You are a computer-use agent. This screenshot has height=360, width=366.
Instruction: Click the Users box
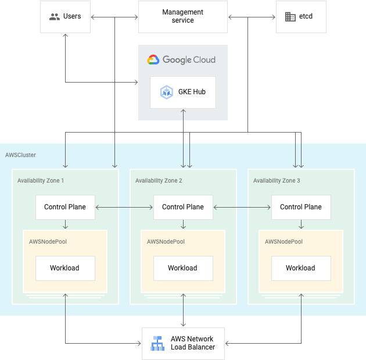click(65, 16)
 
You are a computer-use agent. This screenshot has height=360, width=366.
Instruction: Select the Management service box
click(182, 16)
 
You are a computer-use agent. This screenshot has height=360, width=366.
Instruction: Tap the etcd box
click(301, 16)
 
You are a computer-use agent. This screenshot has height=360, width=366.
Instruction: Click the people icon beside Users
click(55, 17)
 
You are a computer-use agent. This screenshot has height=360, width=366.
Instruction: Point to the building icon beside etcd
click(290, 17)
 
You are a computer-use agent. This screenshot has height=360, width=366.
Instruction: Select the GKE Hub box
click(182, 92)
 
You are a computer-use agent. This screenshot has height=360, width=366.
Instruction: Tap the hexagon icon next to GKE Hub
click(167, 92)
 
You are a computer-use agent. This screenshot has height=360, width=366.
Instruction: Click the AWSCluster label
click(20, 155)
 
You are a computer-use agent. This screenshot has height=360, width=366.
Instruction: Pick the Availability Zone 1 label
click(41, 181)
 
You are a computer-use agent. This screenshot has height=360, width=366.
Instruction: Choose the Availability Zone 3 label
click(277, 181)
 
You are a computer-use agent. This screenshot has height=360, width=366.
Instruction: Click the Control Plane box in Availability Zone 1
click(65, 207)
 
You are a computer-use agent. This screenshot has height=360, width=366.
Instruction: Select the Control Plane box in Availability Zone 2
click(182, 207)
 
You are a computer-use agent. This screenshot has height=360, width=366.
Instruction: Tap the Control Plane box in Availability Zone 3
click(301, 207)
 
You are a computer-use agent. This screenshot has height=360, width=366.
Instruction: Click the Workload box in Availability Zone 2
click(182, 268)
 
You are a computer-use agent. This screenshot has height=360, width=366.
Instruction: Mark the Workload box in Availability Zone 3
click(301, 268)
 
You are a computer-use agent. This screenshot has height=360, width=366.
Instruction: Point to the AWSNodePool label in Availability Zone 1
click(46, 241)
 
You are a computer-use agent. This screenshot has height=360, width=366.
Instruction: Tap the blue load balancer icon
click(157, 344)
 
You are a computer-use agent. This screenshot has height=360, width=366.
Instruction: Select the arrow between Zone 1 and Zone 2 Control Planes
click(124, 207)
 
